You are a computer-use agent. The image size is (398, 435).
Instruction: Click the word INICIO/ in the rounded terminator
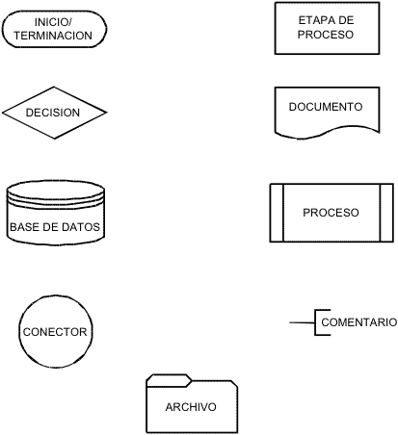[x=53, y=22]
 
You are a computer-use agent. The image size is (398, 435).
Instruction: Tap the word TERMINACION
[x=53, y=36]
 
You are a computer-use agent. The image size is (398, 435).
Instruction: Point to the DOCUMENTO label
[x=326, y=107]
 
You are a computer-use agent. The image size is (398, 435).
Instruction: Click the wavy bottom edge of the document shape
[x=327, y=133]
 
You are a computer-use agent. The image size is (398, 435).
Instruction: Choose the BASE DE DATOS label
[x=55, y=227]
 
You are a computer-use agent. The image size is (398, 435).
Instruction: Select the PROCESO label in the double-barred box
[x=331, y=213]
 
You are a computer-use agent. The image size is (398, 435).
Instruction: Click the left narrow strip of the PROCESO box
[x=277, y=213]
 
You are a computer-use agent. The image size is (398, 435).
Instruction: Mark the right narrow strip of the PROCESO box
[x=386, y=213]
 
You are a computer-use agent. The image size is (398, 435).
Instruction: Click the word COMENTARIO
[x=359, y=322]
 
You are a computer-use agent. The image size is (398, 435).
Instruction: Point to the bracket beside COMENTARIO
[x=315, y=322]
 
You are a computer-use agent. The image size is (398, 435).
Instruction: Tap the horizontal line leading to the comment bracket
[x=302, y=322]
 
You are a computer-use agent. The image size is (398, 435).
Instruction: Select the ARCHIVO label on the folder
[x=191, y=407]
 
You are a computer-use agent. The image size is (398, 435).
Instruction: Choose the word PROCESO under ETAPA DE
[x=326, y=35]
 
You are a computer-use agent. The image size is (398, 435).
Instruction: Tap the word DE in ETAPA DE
[x=346, y=20]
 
